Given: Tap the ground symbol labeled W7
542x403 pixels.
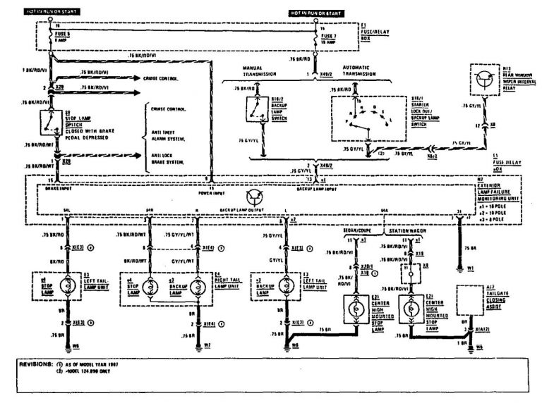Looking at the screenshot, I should point(199,346).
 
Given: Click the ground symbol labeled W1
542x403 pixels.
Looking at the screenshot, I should point(460,268).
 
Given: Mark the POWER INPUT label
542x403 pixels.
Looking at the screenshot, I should point(212,190).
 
